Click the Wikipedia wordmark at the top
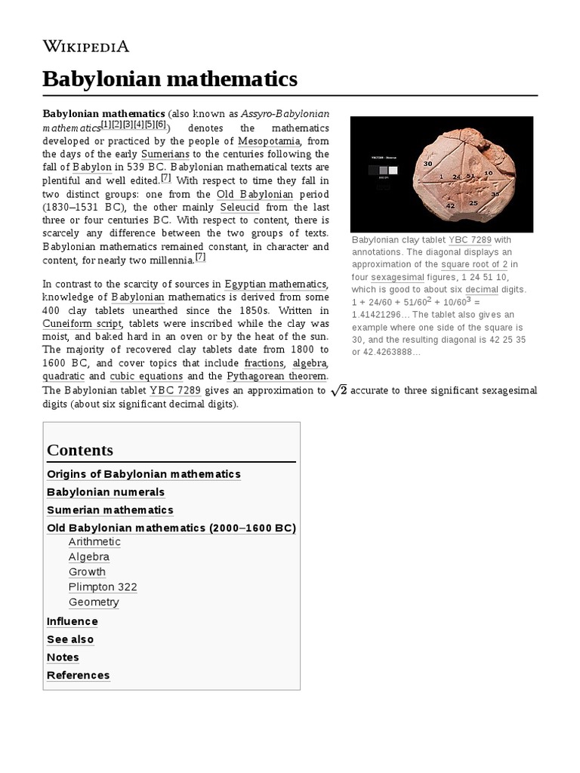[x=86, y=46]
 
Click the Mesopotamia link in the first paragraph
[x=270, y=141]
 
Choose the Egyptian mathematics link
[x=276, y=284]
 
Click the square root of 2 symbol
[x=338, y=390]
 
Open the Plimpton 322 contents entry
[x=103, y=587]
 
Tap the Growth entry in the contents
[x=87, y=571]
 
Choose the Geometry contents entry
[x=94, y=602]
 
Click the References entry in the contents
[x=78, y=675]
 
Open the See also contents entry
[x=70, y=639]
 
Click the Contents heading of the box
[x=80, y=450]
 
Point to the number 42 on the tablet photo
[x=450, y=205]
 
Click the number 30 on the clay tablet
[x=428, y=163]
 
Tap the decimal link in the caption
[x=481, y=290]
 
